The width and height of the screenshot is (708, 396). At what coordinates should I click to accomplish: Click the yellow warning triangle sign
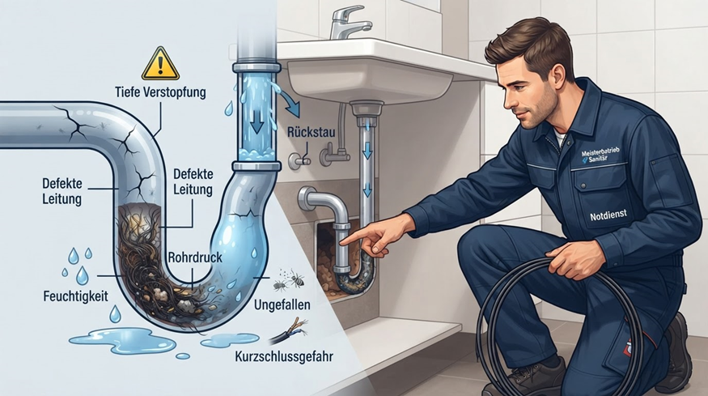point(160,64)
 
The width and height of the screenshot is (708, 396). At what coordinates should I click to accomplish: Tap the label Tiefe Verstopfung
point(160,92)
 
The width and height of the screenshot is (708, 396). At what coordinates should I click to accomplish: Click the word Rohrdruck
point(195,258)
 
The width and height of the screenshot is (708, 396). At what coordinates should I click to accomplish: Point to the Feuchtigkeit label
point(76,296)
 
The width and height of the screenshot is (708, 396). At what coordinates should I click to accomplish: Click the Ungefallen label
point(282,304)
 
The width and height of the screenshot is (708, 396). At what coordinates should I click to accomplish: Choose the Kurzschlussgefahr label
point(284,356)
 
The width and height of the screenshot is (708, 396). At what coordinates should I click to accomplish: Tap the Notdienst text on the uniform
point(608,215)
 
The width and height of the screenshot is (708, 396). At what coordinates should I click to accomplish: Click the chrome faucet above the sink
point(347,23)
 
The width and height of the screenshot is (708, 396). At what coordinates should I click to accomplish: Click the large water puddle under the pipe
point(122,340)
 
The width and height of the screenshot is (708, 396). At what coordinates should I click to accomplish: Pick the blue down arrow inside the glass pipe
point(256,121)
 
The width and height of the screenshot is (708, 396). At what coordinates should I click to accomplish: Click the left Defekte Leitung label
point(62,191)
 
